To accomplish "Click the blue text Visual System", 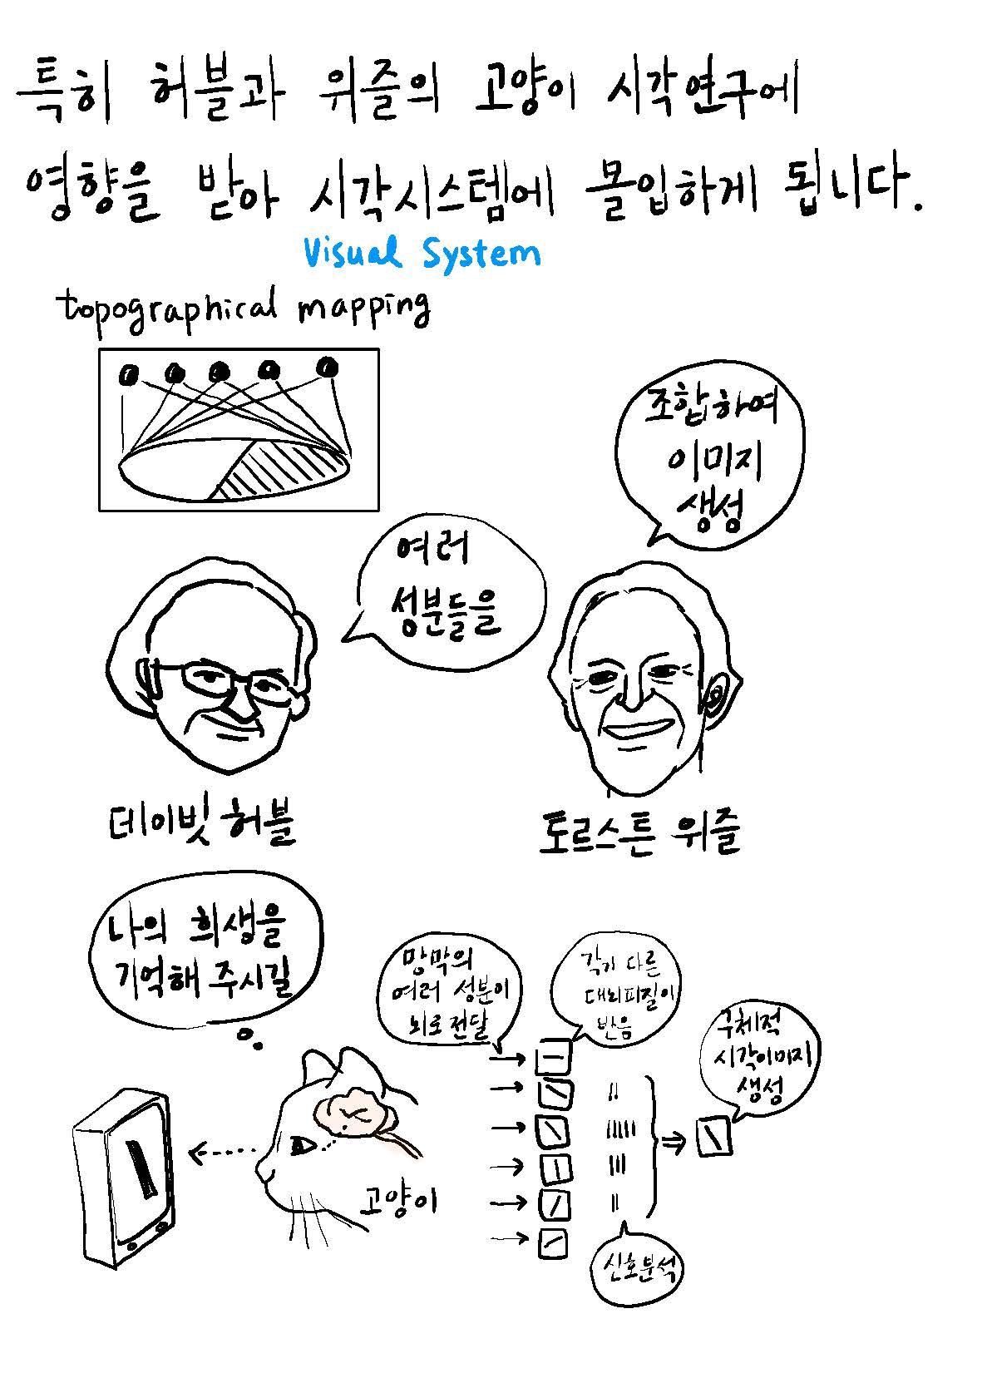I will point(422,252).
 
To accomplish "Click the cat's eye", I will point(303,1146).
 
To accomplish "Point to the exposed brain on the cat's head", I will point(353,1111).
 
